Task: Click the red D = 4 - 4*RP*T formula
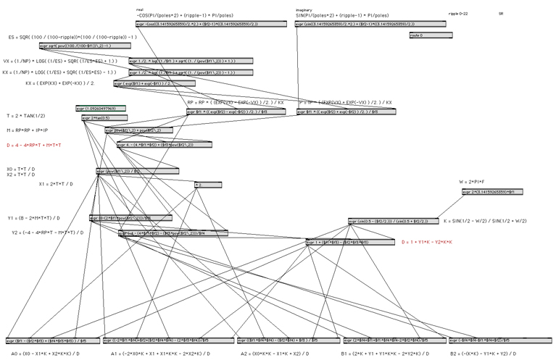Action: pos(34,145)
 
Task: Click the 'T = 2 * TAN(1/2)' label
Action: pos(25,116)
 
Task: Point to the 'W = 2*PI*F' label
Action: pos(472,182)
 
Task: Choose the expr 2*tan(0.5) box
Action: pos(96,118)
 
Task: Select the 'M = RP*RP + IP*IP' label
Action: pos(32,130)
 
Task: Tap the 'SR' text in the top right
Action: pos(501,13)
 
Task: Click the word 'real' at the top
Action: pos(139,9)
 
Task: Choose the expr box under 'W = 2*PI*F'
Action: pos(491,192)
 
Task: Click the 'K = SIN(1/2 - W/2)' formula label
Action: pos(485,220)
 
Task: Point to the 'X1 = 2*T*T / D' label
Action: pos(57,184)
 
